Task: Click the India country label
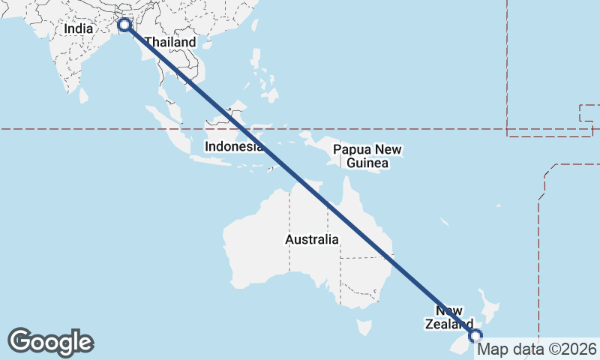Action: click(78, 28)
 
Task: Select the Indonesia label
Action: click(232, 146)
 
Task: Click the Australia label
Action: click(312, 240)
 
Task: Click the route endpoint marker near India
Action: click(124, 25)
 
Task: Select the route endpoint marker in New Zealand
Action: click(475, 336)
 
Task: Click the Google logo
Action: click(50, 342)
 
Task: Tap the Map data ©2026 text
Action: click(537, 349)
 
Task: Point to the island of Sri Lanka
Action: click(84, 95)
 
